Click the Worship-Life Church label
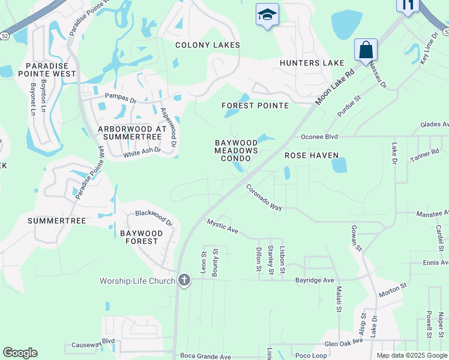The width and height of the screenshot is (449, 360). coord(137,281)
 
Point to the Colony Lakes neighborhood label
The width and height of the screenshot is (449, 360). coord(207,45)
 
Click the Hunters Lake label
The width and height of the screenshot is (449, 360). coord(312,63)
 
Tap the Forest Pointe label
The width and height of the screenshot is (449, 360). coord(255,106)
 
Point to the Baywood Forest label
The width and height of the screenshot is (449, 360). coord(139,236)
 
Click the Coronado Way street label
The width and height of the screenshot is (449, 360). coord(264,197)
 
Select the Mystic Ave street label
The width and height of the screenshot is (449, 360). coord(223,226)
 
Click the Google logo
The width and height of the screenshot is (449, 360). coord(20,353)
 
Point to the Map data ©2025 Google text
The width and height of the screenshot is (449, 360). coord(411,355)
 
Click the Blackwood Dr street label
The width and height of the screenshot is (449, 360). coord(154,217)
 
